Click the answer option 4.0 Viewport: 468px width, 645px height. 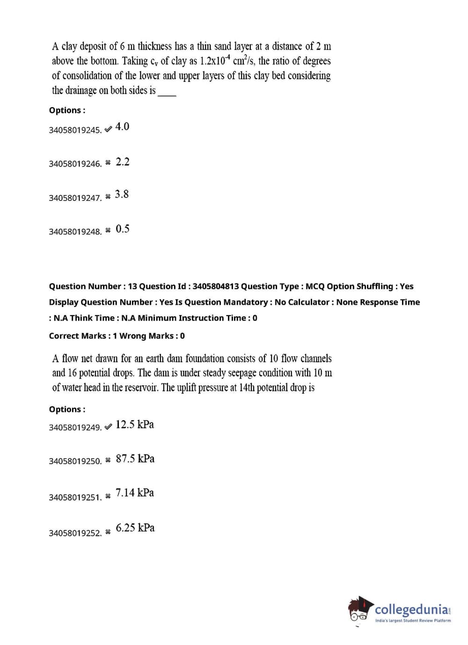(122, 126)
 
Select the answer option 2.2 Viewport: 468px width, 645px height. (123, 162)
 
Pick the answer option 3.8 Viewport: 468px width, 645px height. (122, 194)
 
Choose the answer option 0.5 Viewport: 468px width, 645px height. (123, 229)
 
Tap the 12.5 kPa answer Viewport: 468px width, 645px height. (135, 425)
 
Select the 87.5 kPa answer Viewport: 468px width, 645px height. (135, 459)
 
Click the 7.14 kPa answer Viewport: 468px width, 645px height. (135, 493)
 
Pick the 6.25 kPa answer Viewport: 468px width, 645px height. (135, 528)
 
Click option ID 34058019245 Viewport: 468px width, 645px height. (75, 130)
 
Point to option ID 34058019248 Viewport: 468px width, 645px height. (75, 232)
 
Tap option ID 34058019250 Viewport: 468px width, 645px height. (75, 461)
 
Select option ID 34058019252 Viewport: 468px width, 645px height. (75, 533)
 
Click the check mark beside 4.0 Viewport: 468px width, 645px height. (108, 129)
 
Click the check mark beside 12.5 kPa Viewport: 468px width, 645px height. (108, 426)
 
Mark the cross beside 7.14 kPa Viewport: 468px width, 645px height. (108, 496)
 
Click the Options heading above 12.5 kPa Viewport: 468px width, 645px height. (67, 410)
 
